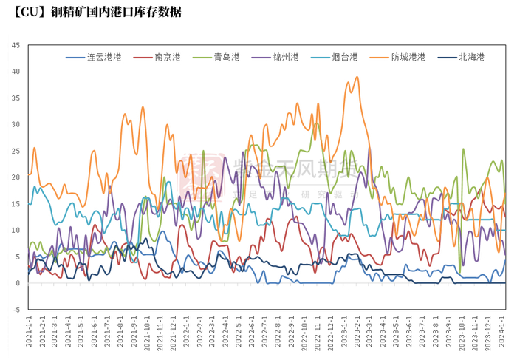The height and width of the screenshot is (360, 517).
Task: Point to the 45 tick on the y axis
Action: (16, 45)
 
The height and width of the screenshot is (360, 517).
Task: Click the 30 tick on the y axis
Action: (16, 124)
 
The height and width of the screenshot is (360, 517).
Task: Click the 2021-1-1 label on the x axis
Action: (30, 333)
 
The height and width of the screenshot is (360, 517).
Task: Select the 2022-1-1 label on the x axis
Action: (185, 333)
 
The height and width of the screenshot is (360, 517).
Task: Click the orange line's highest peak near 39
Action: (357, 77)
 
